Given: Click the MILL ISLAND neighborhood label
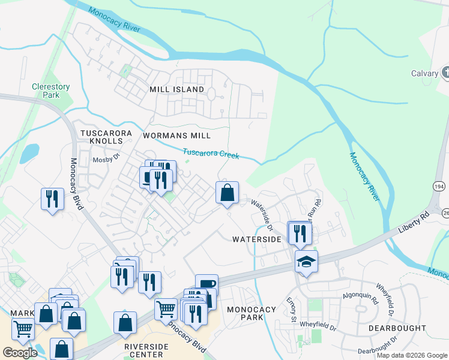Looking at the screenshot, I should click(176, 89).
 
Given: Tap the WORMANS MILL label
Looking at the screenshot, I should click(173, 135).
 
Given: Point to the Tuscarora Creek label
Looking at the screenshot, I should click(211, 154).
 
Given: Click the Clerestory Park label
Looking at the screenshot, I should click(50, 91).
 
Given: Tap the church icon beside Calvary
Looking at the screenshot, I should click(446, 73).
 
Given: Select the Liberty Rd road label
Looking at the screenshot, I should click(414, 221).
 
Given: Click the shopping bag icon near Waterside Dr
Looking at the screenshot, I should click(227, 193).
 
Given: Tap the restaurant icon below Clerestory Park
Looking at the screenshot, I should click(52, 199).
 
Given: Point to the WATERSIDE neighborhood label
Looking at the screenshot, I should click(257, 239).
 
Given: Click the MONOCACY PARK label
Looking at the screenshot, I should click(252, 314).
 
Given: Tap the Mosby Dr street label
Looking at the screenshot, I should click(106, 160).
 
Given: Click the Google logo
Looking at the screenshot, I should click(20, 352).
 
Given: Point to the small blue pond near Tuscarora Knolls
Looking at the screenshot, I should click(29, 154).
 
